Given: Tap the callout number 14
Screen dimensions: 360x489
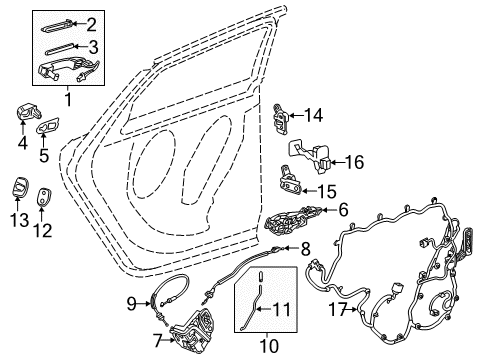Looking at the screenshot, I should coord(314,115).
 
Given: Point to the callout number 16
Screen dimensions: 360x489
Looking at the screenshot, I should coord(354,160).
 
